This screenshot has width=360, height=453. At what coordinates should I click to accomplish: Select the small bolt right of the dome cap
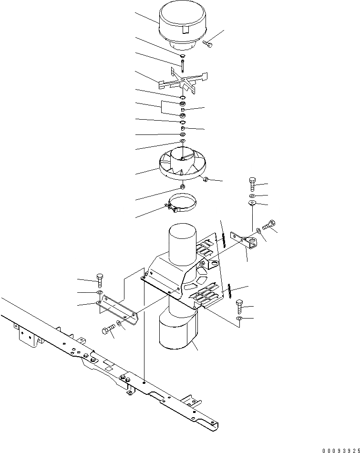click(x=208, y=43)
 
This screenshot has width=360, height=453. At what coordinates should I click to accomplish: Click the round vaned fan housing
click(x=184, y=165)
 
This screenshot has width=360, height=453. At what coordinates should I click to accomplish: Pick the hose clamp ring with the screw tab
click(x=184, y=205)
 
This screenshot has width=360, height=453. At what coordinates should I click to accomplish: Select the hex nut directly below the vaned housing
click(x=183, y=186)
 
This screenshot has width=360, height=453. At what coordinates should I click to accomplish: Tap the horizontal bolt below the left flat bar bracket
click(x=108, y=329)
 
